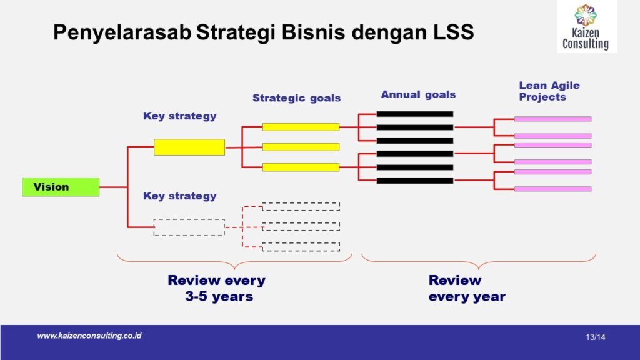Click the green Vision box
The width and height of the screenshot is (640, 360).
click(x=61, y=187)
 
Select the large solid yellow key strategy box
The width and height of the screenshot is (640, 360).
click(x=189, y=147)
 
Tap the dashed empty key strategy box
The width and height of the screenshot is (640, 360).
click(x=189, y=227)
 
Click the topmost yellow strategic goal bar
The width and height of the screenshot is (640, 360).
click(x=301, y=127)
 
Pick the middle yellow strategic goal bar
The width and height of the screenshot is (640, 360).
click(x=301, y=147)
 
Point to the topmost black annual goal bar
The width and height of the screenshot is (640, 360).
click(x=415, y=114)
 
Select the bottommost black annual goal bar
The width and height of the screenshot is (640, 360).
click(x=415, y=181)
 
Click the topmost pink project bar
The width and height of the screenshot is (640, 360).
click(x=552, y=119)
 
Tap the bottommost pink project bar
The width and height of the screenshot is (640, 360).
click(x=552, y=189)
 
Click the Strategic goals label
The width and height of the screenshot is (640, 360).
click(x=296, y=98)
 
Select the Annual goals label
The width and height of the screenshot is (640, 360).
click(x=418, y=95)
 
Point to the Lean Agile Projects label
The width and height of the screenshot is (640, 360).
click(x=549, y=91)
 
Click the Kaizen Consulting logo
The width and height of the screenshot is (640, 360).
click(x=586, y=26)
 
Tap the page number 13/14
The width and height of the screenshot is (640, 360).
click(x=596, y=337)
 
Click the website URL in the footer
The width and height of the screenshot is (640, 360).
click(x=89, y=336)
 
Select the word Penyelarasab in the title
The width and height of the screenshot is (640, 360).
click(x=122, y=32)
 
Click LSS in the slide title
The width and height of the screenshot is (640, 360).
click(x=454, y=32)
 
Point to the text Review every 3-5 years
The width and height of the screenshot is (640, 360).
click(x=217, y=288)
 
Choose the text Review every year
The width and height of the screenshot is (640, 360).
click(x=467, y=288)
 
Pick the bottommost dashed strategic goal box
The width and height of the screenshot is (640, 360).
click(x=301, y=247)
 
